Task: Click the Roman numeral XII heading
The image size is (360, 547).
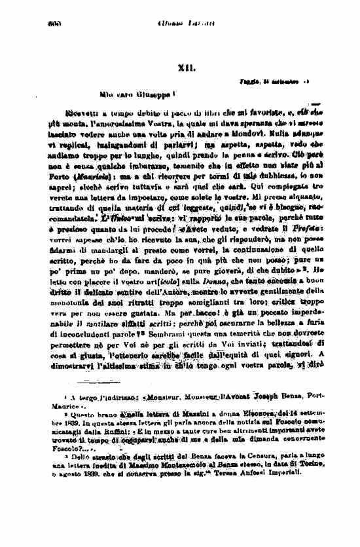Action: pos(183,67)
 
